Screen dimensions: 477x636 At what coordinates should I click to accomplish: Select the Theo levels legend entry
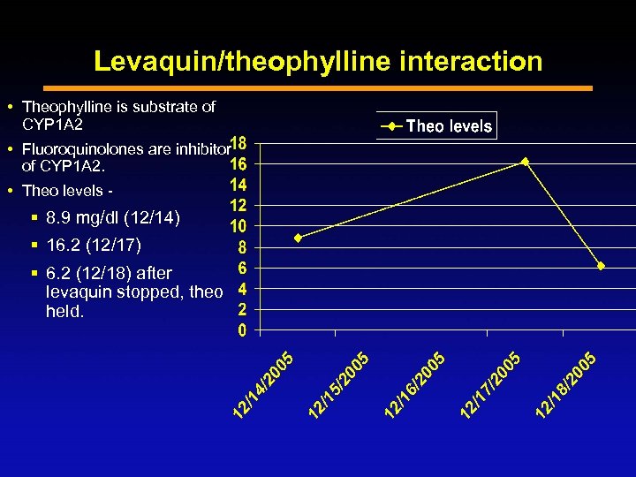point(438,126)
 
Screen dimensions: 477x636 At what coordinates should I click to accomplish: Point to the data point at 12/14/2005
point(298,238)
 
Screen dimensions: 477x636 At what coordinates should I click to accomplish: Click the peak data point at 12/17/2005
point(525,162)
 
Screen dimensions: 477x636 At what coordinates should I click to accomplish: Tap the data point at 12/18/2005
point(601,266)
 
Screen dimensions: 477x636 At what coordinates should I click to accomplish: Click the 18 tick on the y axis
point(238,143)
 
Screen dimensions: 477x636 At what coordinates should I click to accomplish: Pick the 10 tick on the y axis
point(238,227)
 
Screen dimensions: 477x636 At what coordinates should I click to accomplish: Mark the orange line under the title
point(318,88)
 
